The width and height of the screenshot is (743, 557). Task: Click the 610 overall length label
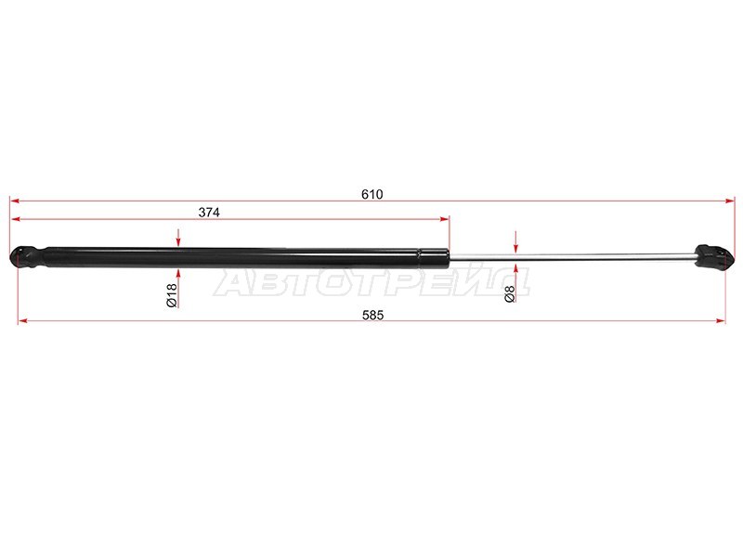[x=372, y=194]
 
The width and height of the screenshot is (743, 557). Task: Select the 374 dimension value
[x=209, y=213]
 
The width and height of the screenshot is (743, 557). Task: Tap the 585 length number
[x=373, y=315]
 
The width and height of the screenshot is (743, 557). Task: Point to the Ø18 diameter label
[x=172, y=295]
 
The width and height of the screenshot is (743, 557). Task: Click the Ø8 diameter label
[x=509, y=294]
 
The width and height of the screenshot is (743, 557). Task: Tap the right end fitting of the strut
[x=714, y=257]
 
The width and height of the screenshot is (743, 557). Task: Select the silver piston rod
[x=572, y=257]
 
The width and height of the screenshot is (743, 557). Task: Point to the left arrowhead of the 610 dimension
[x=15, y=201]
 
